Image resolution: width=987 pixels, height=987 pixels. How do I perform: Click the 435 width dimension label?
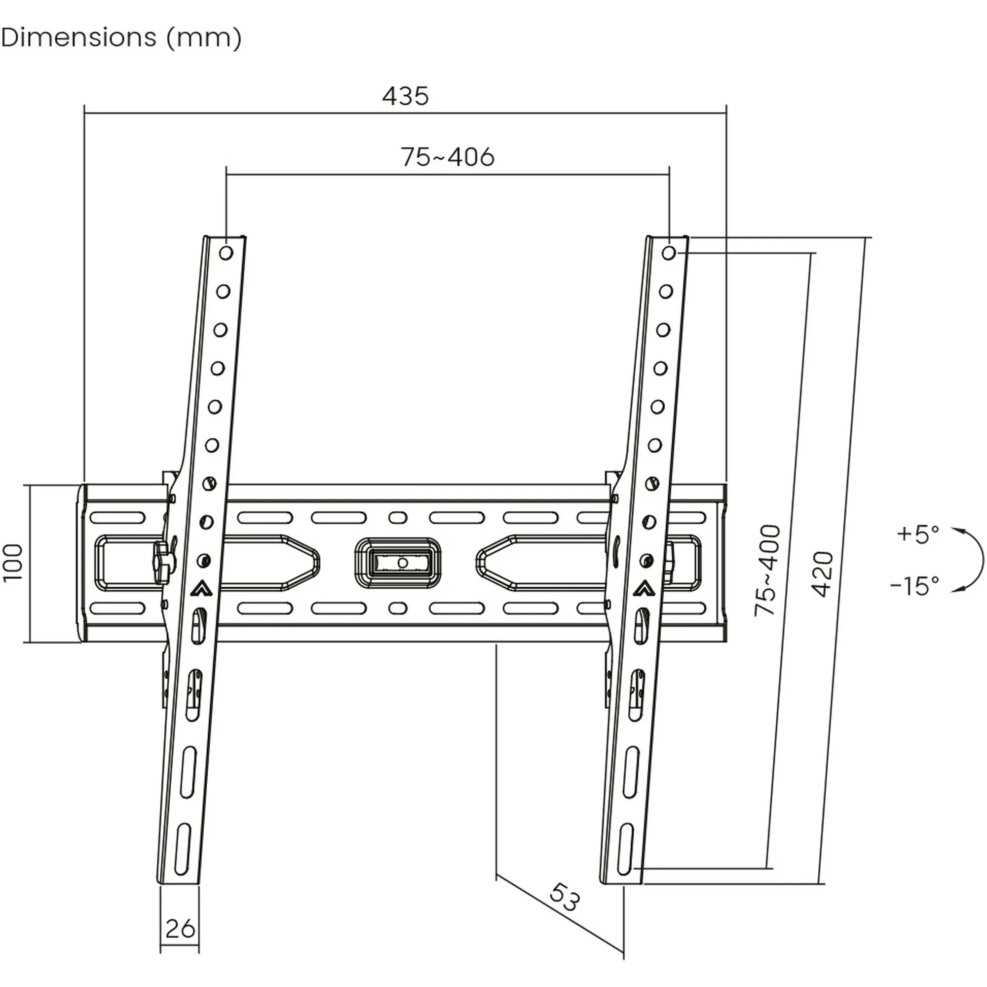[x=406, y=96]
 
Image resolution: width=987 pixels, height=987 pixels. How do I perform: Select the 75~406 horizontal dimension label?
[x=448, y=157]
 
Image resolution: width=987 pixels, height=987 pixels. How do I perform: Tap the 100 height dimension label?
[x=13, y=563]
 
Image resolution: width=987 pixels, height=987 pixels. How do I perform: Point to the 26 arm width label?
[x=180, y=929]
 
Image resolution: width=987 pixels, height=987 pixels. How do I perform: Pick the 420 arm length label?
[x=823, y=574]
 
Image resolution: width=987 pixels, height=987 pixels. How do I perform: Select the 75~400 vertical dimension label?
[x=768, y=569]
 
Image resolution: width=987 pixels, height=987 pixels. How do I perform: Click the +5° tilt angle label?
[x=918, y=534]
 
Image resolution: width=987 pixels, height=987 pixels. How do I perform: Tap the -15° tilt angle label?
[x=915, y=585]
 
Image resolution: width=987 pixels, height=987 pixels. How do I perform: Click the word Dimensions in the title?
[x=78, y=38]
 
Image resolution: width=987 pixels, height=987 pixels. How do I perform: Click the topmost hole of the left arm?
[x=226, y=252]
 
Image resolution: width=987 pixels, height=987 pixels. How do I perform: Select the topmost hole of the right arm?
[x=669, y=252]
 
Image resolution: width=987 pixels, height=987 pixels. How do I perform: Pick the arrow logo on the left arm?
[x=201, y=589]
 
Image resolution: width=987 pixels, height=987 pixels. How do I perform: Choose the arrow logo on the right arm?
[x=644, y=589]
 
